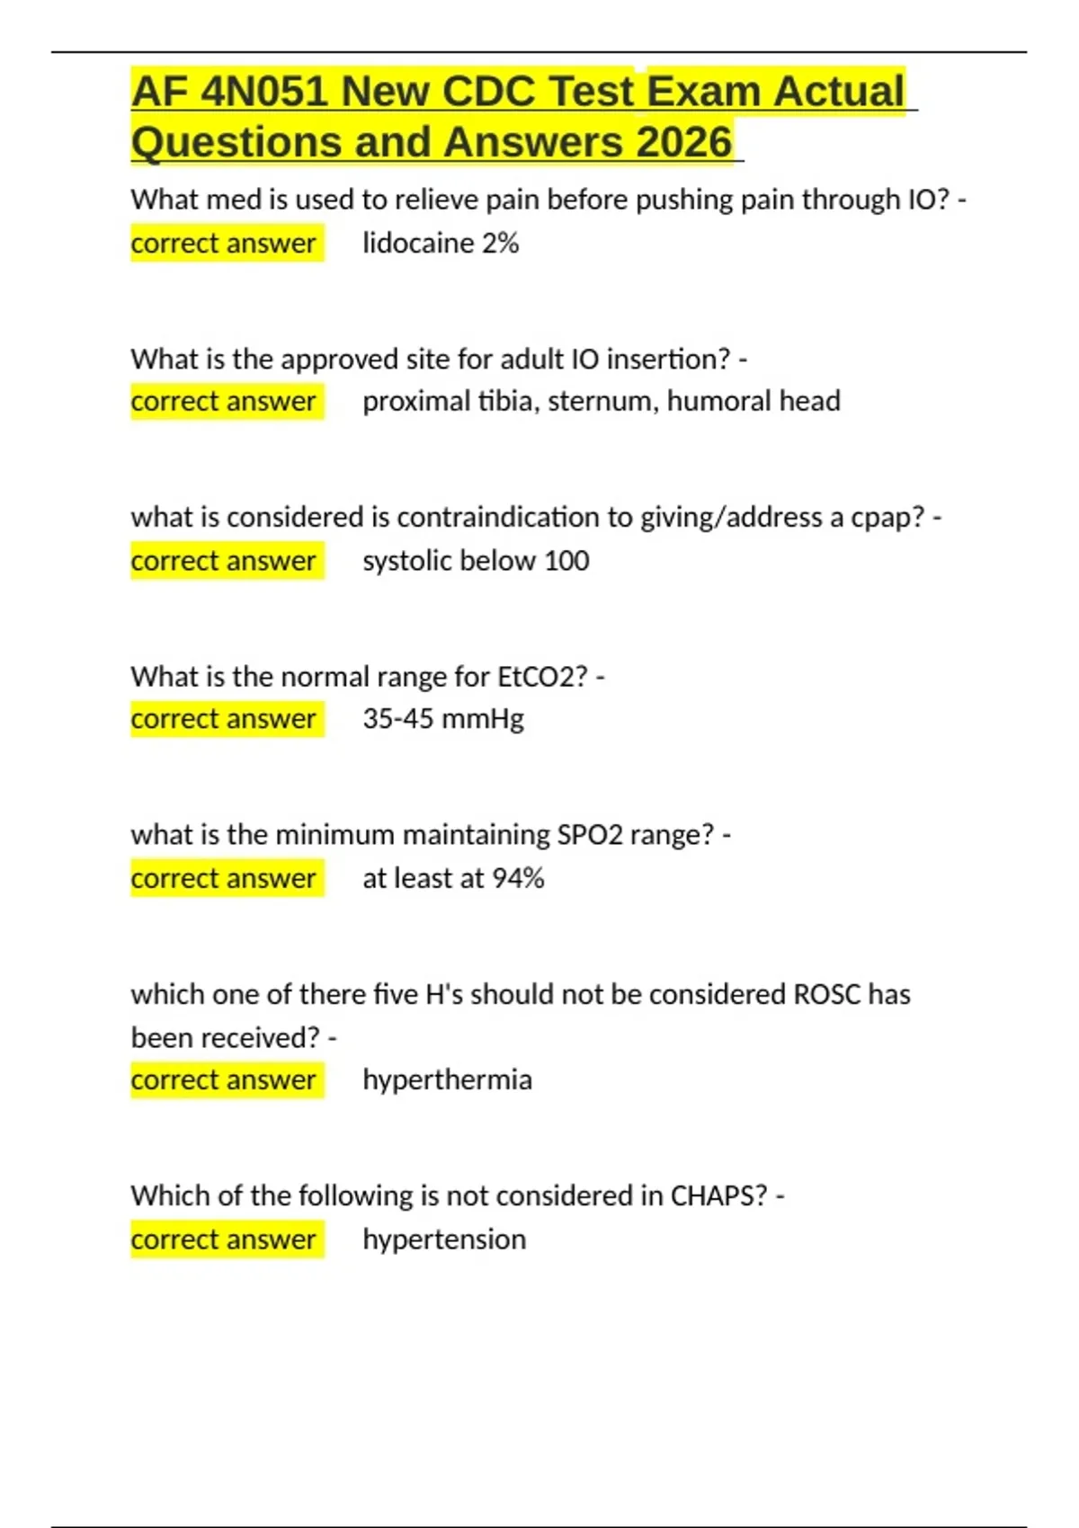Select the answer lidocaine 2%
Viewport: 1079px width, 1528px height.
(x=441, y=244)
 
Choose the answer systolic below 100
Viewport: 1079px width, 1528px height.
(x=476, y=561)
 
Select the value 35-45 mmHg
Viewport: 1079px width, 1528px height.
(x=443, y=719)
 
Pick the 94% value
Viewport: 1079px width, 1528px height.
(x=518, y=878)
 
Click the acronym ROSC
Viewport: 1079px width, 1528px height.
(x=826, y=994)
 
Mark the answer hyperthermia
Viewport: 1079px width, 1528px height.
(x=447, y=1079)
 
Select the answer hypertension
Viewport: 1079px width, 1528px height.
(x=444, y=1239)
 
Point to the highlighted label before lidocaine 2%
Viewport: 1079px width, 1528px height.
(x=224, y=244)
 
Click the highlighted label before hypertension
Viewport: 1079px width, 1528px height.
(x=224, y=1239)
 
